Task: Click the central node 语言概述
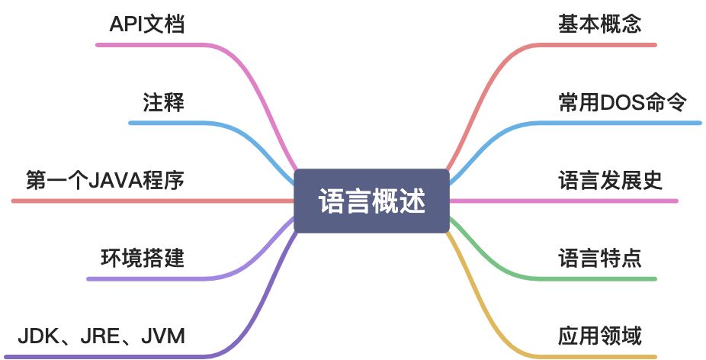coord(371,201)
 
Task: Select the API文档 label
coord(148,24)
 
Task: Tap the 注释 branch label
coord(163,102)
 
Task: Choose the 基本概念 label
coord(600,24)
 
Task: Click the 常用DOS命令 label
coord(623,102)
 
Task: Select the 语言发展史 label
coord(611,181)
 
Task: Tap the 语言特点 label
coord(600,258)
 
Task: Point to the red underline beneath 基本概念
coord(602,44)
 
